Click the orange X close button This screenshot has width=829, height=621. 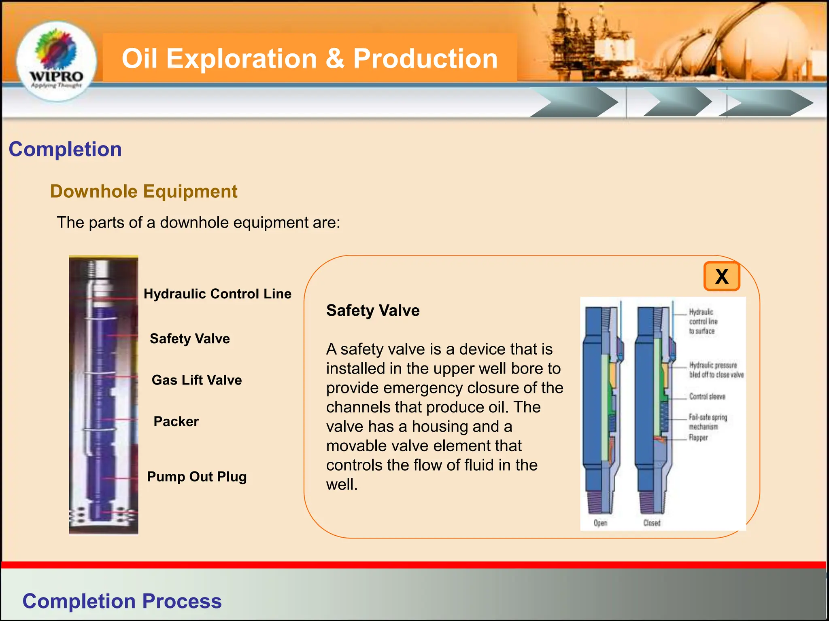[722, 277]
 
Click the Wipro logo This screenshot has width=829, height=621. [56, 61]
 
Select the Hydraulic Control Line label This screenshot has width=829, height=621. [217, 294]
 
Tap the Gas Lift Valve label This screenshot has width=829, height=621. [197, 380]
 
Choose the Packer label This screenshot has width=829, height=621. [176, 422]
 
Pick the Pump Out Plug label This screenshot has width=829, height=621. [197, 477]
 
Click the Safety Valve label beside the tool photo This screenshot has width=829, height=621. [189, 338]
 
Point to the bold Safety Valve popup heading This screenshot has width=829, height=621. [373, 310]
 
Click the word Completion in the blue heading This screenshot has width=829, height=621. [65, 149]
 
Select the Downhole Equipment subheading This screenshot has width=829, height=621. [144, 191]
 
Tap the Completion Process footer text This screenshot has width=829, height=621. [122, 601]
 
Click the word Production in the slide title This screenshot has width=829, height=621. [425, 59]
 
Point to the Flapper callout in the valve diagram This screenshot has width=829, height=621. [698, 437]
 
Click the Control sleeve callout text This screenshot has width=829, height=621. [707, 397]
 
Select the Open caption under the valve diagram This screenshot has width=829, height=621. [600, 523]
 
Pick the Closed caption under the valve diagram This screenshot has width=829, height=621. [652, 523]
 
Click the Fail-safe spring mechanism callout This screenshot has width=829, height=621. [708, 422]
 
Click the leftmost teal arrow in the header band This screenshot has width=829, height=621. [575, 103]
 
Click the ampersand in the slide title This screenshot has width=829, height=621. [335, 59]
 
